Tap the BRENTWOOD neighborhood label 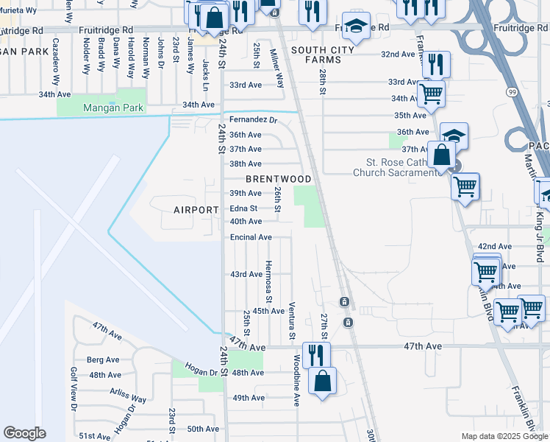click(x=279, y=179)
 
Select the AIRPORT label click(x=196, y=210)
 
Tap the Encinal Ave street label click(x=251, y=237)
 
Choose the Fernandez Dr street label click(x=253, y=119)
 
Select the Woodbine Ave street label click(x=297, y=380)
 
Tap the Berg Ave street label click(x=104, y=360)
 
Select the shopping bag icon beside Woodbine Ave click(x=322, y=382)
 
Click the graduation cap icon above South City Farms click(x=356, y=27)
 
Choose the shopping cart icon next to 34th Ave click(x=431, y=94)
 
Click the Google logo click(x=24, y=433)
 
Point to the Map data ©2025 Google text click(x=504, y=436)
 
